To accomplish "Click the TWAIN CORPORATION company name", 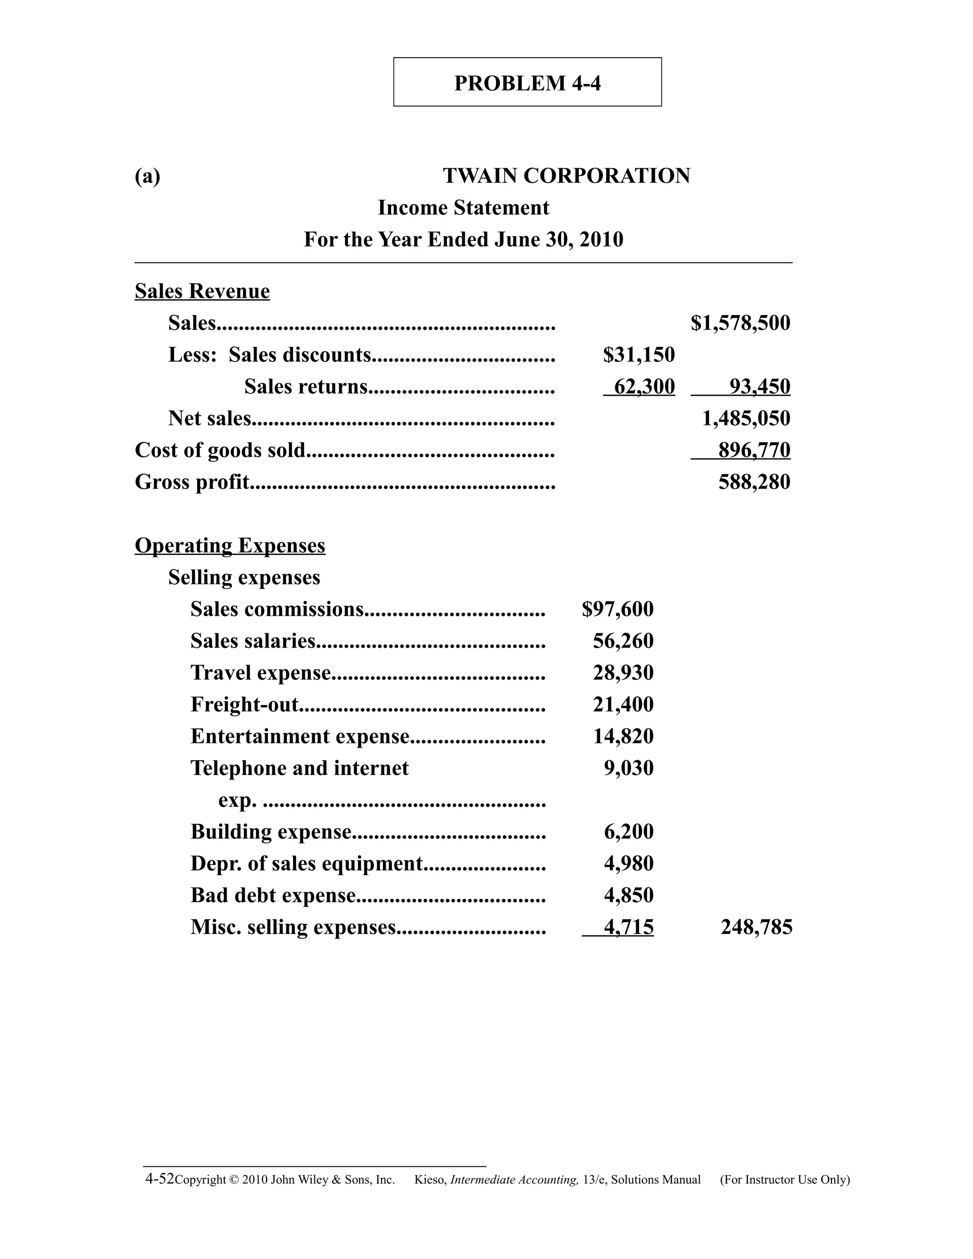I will pyautogui.click(x=566, y=176).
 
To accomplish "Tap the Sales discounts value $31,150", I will pyautogui.click(x=639, y=355).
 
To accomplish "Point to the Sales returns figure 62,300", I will pyautogui.click(x=644, y=387).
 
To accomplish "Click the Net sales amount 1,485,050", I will pyautogui.click(x=746, y=419).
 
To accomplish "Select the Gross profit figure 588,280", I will pyautogui.click(x=754, y=482).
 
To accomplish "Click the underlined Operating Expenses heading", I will pyautogui.click(x=230, y=546).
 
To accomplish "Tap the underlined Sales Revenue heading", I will pyautogui.click(x=202, y=292).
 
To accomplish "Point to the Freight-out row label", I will pyautogui.click(x=244, y=705).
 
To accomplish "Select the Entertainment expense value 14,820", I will pyautogui.click(x=623, y=736).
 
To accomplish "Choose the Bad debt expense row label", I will pyautogui.click(x=273, y=895).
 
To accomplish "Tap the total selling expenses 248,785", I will pyautogui.click(x=756, y=927).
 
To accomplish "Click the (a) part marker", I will pyautogui.click(x=148, y=176).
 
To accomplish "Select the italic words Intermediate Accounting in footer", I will pyautogui.click(x=514, y=1180).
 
